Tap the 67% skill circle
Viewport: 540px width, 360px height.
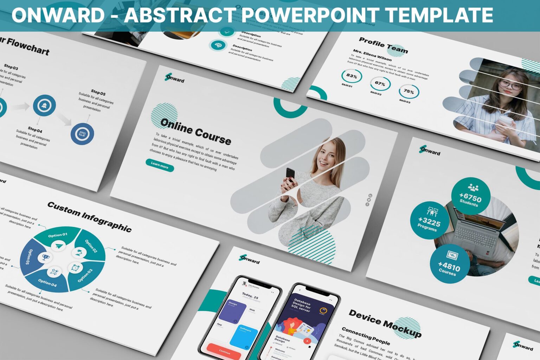coord(380,84)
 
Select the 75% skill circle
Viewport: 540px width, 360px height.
coord(409,91)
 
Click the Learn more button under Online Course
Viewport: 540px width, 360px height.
coord(160,165)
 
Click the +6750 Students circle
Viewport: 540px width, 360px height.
coord(470,196)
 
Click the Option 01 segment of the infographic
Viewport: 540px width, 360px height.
coord(57,235)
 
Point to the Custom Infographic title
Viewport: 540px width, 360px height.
coord(89,217)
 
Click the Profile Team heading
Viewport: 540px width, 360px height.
coord(383,45)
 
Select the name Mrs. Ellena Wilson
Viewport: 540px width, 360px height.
coord(372,55)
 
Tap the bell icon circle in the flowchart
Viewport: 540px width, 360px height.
coord(44,105)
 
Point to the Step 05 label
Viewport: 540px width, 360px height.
coord(98,93)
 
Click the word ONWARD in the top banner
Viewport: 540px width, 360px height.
coord(58,15)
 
